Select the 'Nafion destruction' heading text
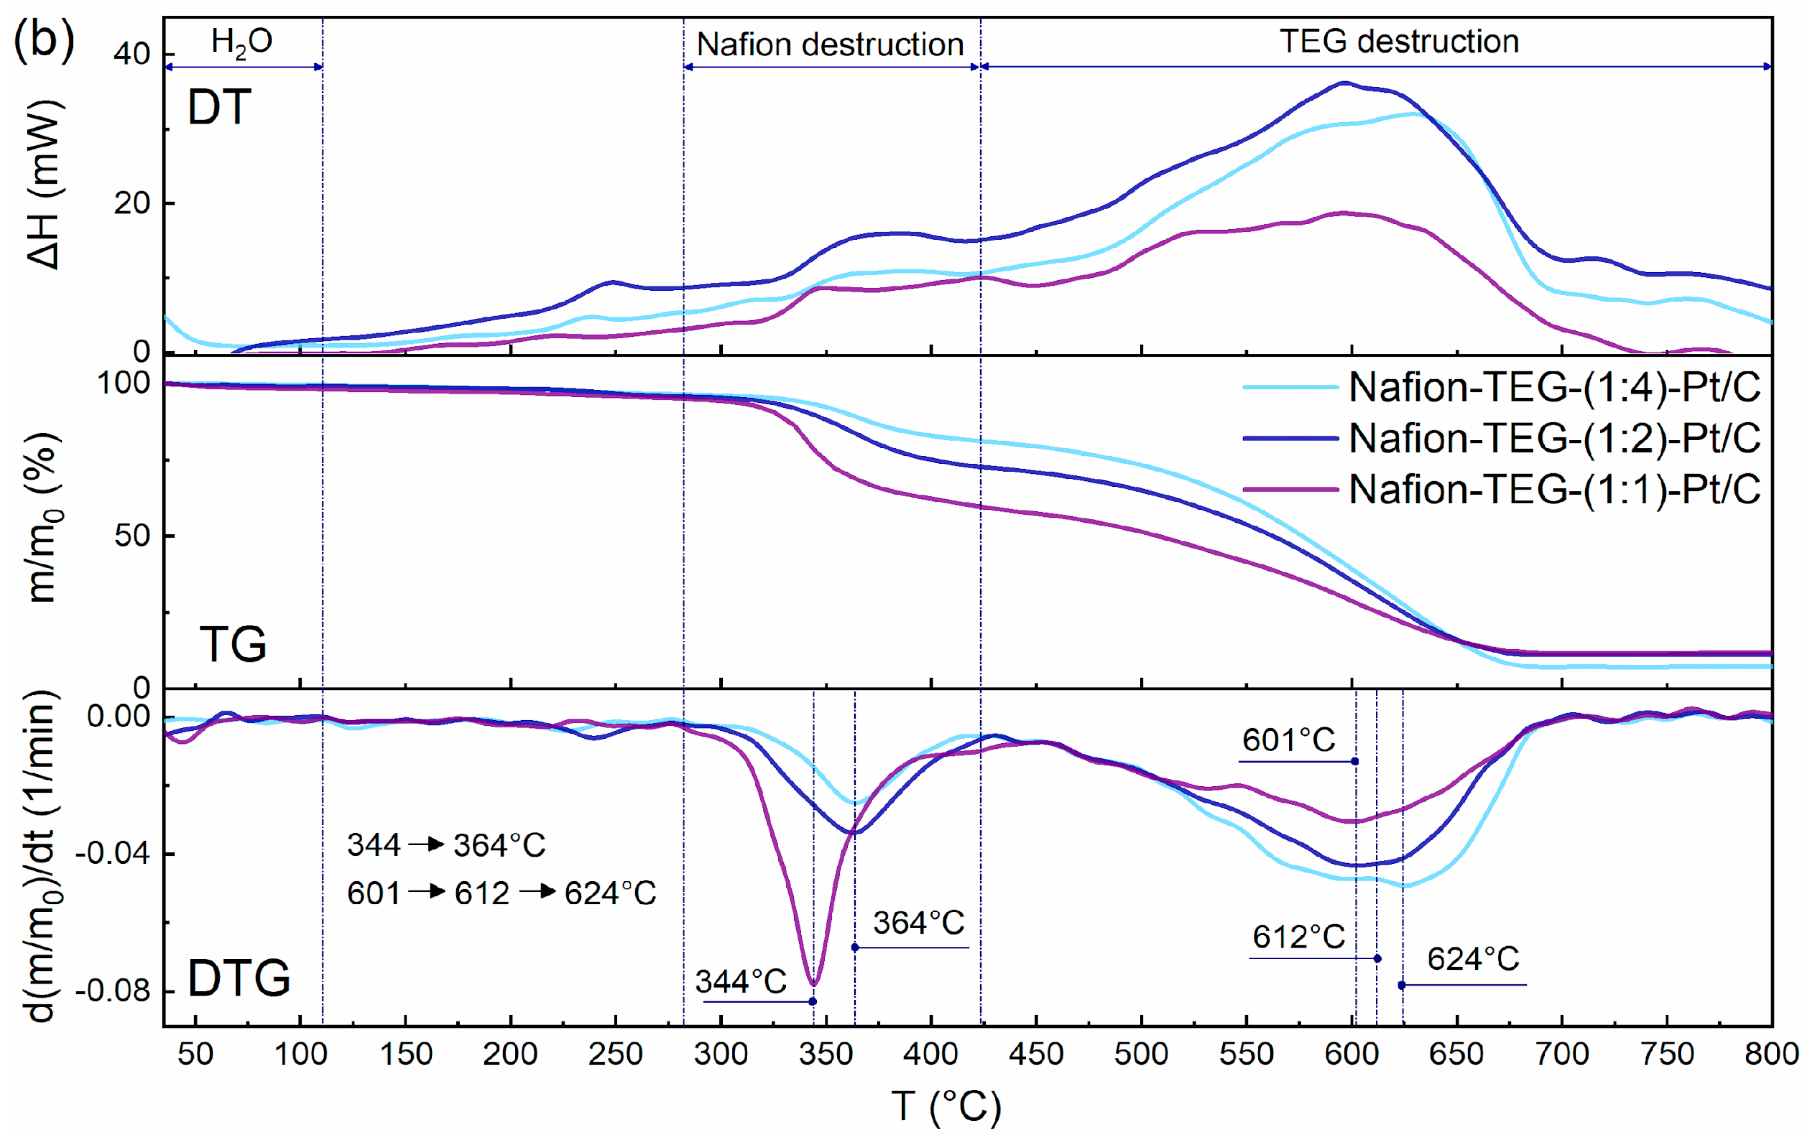click(x=830, y=45)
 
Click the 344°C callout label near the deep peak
click(x=740, y=982)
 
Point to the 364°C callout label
click(x=918, y=923)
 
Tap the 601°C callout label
click(x=1288, y=741)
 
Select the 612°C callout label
click(x=1298, y=938)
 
